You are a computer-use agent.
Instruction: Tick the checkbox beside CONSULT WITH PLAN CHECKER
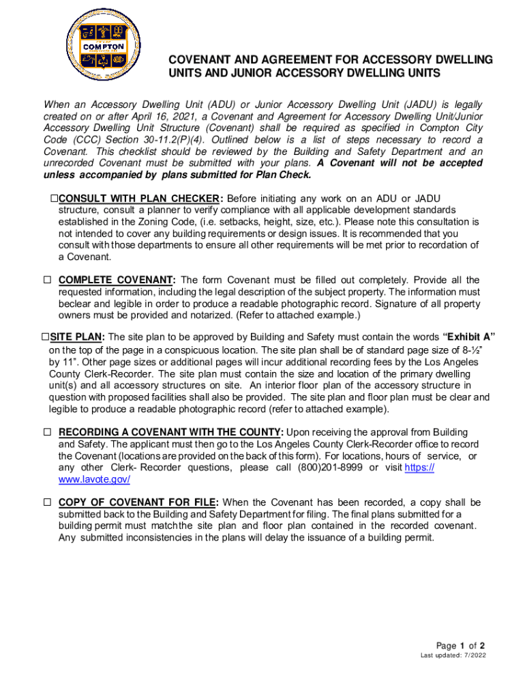(54, 199)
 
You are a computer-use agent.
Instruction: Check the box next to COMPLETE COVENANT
(48, 281)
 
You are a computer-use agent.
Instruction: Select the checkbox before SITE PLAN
(44, 337)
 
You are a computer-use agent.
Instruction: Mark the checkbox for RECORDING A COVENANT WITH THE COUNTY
(48, 433)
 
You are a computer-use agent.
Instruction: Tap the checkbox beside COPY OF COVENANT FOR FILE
(48, 502)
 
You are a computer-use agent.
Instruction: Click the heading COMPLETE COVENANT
(117, 281)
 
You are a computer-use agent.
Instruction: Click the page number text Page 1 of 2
(460, 646)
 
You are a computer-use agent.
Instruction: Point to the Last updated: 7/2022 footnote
(453, 657)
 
